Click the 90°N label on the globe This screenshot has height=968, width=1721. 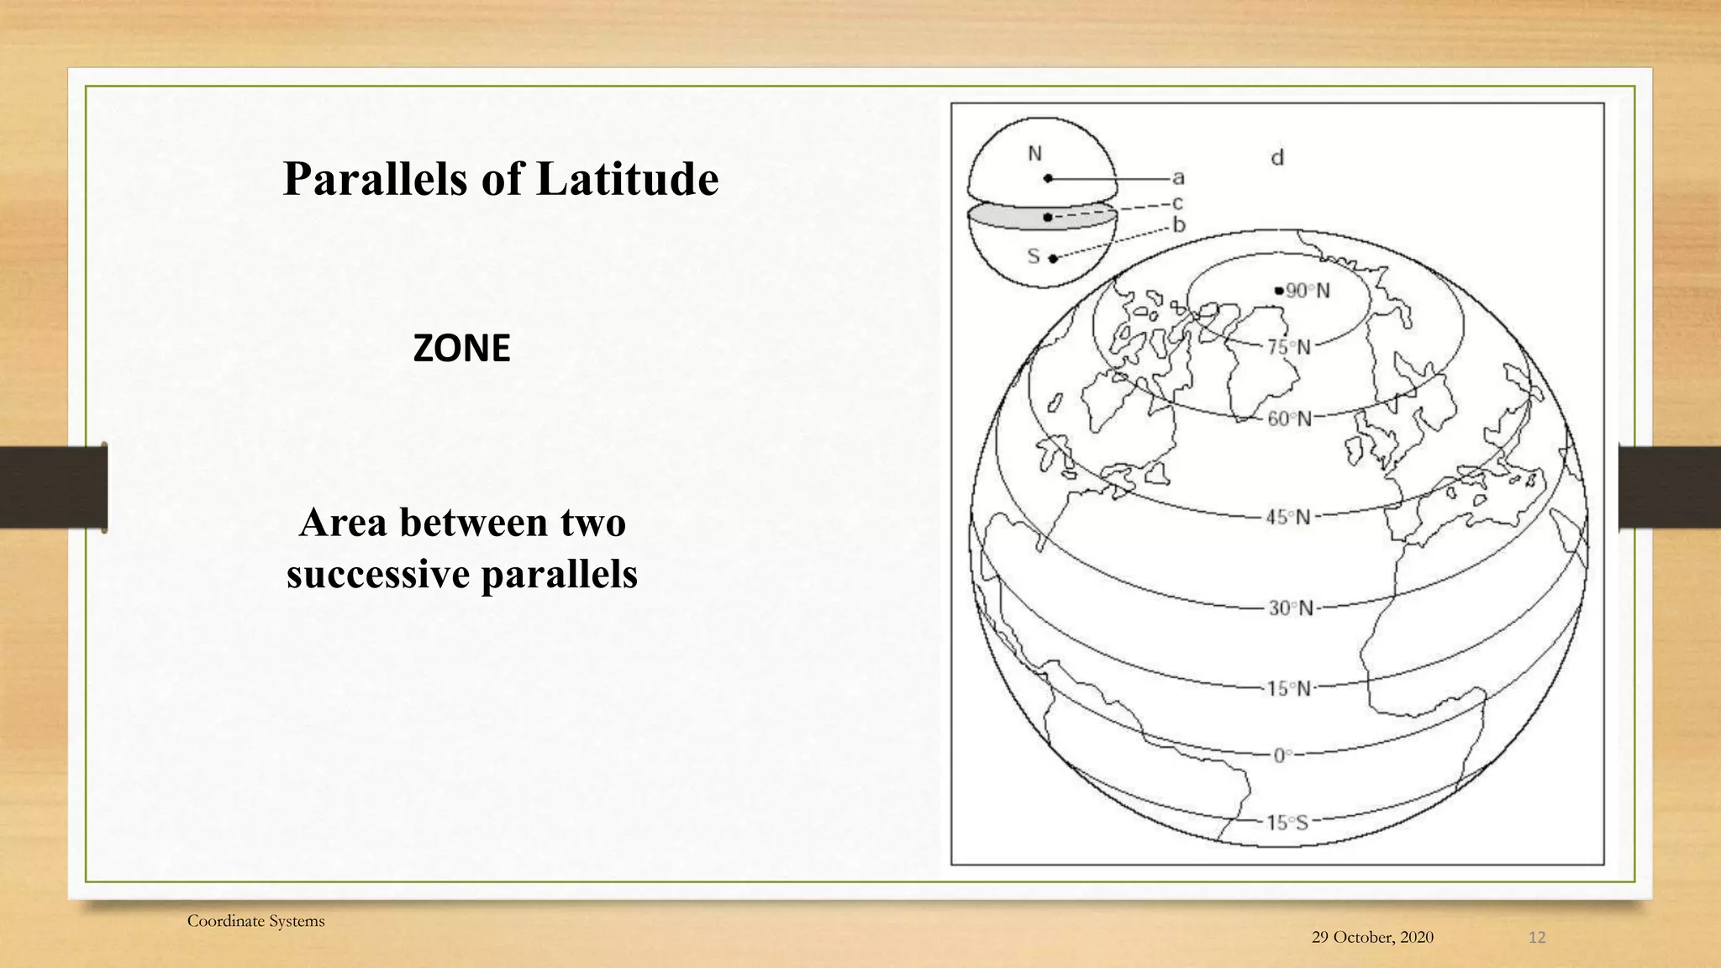click(x=1308, y=291)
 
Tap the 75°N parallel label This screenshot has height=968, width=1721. click(x=1288, y=347)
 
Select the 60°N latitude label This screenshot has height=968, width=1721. click(x=1289, y=418)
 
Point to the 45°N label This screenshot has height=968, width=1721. click(x=1288, y=518)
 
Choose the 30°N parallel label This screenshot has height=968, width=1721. click(x=1290, y=608)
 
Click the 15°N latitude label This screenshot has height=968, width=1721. click(x=1288, y=689)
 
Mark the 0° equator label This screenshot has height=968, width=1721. click(x=1282, y=755)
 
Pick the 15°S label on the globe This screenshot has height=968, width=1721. click(x=1287, y=823)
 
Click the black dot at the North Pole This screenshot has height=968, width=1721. click(x=1279, y=291)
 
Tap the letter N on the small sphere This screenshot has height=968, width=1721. click(x=1034, y=154)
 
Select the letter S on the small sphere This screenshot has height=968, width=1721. click(x=1034, y=255)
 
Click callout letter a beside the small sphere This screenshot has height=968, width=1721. click(x=1178, y=178)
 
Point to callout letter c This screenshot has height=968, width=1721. click(x=1178, y=203)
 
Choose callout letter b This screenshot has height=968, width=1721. click(x=1179, y=225)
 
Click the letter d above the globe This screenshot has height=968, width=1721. click(x=1277, y=157)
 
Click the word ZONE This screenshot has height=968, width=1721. click(x=461, y=348)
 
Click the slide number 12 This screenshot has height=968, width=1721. click(x=1536, y=937)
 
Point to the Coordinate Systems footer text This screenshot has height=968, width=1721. click(x=255, y=921)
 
